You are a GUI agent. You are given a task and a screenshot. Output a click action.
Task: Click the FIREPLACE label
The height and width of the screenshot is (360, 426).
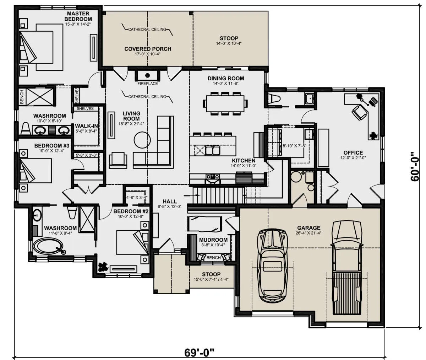click(148, 84)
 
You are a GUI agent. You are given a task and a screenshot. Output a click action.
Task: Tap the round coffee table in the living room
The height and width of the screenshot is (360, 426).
click(142, 140)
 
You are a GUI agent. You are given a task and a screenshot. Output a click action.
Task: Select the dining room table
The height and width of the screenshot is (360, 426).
click(225, 103)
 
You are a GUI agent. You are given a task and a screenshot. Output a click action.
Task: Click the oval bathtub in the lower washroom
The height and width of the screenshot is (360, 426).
click(48, 246)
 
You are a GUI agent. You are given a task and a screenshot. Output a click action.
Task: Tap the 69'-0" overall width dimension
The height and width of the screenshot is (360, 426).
click(199, 352)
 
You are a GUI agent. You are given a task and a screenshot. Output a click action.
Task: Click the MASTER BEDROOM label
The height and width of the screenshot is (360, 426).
click(78, 16)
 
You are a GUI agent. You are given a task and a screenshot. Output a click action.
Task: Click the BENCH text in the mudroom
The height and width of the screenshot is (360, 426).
click(214, 258)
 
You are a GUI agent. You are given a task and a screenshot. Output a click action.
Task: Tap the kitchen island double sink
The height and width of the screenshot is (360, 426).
click(213, 150)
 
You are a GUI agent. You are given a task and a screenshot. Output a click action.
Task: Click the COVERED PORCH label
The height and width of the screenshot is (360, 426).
click(148, 49)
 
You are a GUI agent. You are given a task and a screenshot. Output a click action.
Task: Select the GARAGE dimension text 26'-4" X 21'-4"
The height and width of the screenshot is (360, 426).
click(309, 233)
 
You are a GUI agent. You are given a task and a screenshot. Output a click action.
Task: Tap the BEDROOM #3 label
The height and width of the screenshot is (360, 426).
click(52, 146)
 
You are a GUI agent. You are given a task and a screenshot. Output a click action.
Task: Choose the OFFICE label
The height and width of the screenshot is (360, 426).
click(353, 152)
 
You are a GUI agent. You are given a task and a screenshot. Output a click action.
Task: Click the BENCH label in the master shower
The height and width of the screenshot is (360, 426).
click(22, 97)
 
